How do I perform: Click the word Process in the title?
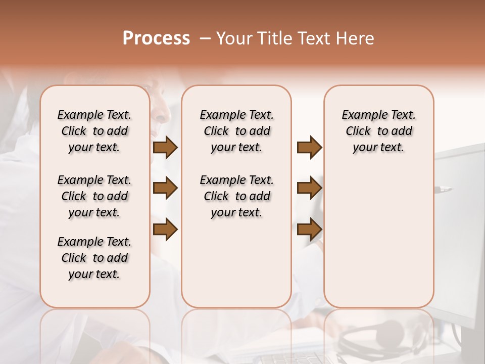click(x=156, y=38)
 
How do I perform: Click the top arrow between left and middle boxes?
click(x=165, y=148)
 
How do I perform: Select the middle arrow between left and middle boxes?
click(x=165, y=189)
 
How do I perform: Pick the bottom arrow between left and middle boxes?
click(x=165, y=230)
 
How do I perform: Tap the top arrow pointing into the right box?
click(x=309, y=148)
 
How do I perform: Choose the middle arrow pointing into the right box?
click(x=309, y=189)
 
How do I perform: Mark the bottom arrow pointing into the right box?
click(x=309, y=230)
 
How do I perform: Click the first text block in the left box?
click(x=94, y=131)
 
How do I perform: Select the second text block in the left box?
click(x=94, y=196)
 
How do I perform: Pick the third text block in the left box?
click(x=94, y=258)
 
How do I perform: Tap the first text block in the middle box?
click(x=236, y=131)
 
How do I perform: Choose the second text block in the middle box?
click(x=236, y=196)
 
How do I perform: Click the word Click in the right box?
click(x=358, y=131)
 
